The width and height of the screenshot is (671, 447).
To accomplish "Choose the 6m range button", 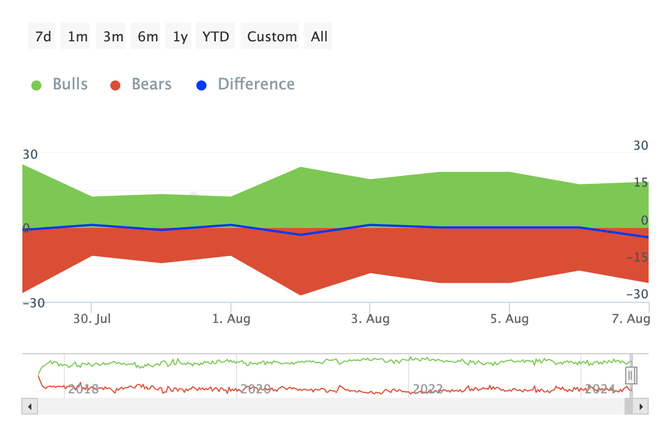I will [x=148, y=36].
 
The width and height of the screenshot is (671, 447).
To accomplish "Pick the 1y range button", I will [x=180, y=36].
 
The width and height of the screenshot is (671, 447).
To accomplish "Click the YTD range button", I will [x=216, y=36].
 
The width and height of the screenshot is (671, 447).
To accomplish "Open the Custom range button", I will [x=272, y=36].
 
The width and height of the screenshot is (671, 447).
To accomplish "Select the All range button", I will [x=319, y=36].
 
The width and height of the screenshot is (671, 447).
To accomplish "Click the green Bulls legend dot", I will [x=36, y=85].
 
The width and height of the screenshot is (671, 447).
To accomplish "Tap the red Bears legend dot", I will [x=116, y=85].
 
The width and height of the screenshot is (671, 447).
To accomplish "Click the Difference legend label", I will [x=256, y=84].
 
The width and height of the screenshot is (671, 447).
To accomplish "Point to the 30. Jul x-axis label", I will [x=92, y=320].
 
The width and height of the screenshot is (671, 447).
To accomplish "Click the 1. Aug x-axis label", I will [x=231, y=320].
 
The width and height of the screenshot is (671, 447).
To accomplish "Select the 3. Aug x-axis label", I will [x=370, y=320].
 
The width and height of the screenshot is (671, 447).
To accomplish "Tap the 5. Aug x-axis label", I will [x=509, y=320].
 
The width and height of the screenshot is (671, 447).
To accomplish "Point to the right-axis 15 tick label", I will [x=640, y=182].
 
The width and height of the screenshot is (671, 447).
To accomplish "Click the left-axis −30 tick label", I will [x=33, y=303].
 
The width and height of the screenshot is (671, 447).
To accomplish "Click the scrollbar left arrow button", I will [x=30, y=406].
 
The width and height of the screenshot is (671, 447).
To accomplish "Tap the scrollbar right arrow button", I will [x=641, y=406].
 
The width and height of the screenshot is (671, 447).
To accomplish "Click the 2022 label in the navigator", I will [x=427, y=389].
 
